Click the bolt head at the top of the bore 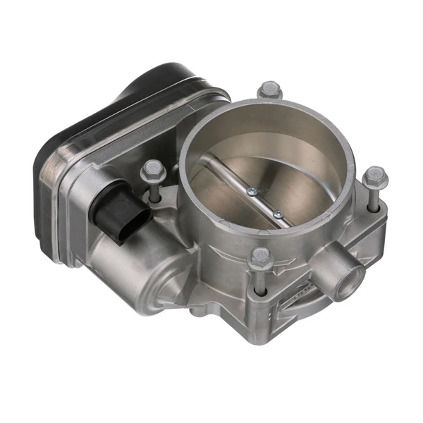[x=271, y=90]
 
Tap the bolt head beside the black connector [x=152, y=169]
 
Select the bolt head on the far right [x=376, y=176]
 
